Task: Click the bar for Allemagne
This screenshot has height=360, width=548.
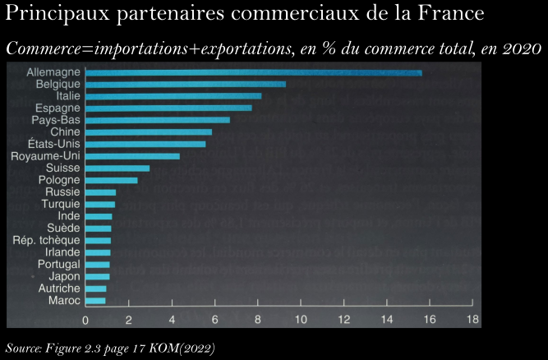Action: pos(253,72)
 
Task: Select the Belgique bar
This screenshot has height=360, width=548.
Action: pos(186,84)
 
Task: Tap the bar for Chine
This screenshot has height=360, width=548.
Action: pos(149,132)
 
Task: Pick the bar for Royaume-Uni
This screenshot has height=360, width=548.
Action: pos(132,155)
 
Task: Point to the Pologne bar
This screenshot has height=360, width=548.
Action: pos(112,179)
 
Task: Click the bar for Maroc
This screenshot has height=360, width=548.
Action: pos(96,301)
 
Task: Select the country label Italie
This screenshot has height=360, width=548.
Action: pos(63,96)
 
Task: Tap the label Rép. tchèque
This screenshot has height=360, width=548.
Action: pos(46,240)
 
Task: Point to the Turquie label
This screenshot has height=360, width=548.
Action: pos(60,204)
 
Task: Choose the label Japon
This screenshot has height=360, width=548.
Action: pos(64,276)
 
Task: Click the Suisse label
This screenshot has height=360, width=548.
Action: pos(62,168)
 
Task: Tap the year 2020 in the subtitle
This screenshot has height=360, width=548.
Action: pos(521,48)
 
